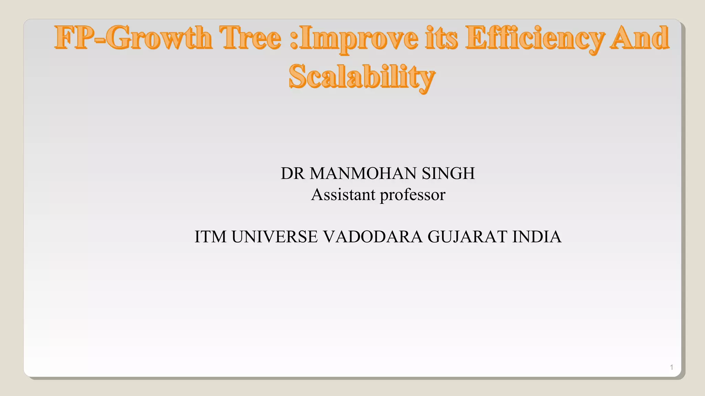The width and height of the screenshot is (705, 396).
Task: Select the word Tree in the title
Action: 251,38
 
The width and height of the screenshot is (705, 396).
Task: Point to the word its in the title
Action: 442,38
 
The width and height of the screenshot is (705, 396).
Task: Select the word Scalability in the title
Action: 362,77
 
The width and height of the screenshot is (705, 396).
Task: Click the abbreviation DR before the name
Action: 293,173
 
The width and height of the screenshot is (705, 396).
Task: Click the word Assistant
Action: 343,195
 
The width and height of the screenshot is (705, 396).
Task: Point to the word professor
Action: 412,195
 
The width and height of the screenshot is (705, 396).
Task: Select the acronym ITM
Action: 210,237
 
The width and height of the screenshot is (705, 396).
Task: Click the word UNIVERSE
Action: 275,237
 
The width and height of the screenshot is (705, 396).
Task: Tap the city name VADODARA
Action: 373,237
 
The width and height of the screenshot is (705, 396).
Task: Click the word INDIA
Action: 537,237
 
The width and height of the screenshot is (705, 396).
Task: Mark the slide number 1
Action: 671,367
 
